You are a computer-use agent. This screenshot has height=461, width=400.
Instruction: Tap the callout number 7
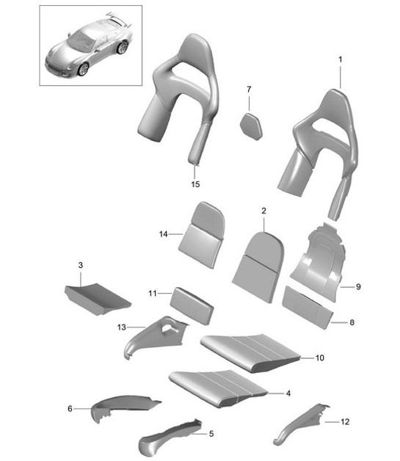pos(248,90)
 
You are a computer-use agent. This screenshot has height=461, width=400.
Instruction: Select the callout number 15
pos(195,184)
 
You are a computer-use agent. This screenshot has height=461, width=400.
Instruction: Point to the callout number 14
pos(163,233)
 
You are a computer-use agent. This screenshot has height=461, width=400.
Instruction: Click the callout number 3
pos(81,263)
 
